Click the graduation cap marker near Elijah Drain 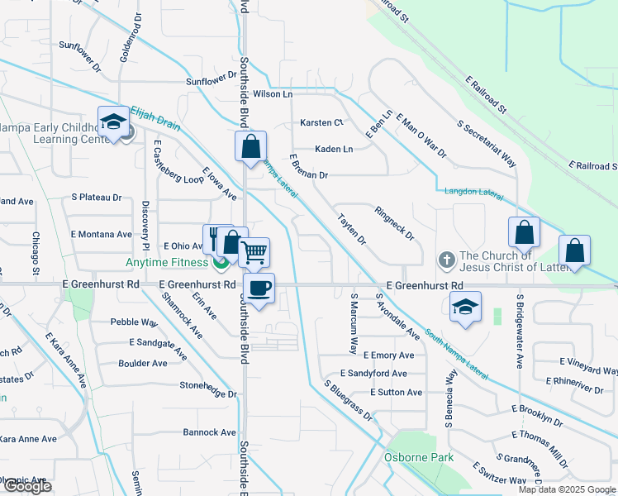pos(112,123)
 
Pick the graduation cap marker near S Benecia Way pos(466,308)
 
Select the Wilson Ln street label pos(273,94)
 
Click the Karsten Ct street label pos(321,122)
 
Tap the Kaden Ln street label pos(334,149)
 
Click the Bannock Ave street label pos(210,432)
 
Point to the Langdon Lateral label pos(474,192)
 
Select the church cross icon pos(446,260)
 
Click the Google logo pos(27,486)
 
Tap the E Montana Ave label pos(101,234)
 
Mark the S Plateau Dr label pos(96,198)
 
